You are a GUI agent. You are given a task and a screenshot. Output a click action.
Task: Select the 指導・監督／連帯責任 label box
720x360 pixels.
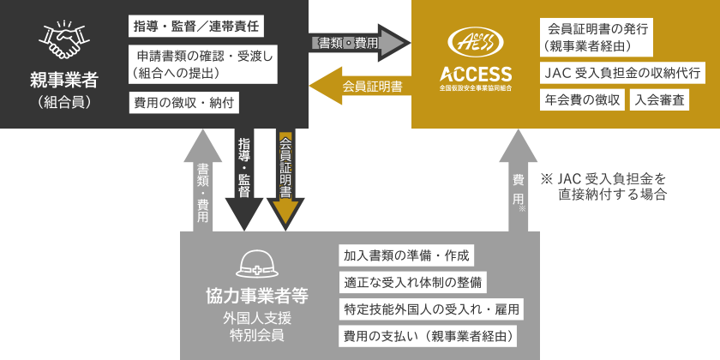point(195,27)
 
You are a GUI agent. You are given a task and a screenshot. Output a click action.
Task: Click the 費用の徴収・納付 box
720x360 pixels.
point(183,102)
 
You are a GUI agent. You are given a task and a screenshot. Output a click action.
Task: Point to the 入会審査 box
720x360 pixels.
point(660,99)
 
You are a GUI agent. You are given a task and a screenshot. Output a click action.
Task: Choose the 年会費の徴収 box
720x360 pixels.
point(582,99)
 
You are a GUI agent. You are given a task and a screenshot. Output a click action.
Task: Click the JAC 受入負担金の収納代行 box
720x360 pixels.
point(622,72)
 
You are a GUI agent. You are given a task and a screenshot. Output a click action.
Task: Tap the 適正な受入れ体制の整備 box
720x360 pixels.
point(411,281)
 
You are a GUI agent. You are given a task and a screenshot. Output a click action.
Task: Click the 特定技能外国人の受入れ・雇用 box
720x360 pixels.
point(431,309)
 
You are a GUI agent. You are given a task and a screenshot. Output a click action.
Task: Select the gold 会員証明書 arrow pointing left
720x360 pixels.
point(357,86)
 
